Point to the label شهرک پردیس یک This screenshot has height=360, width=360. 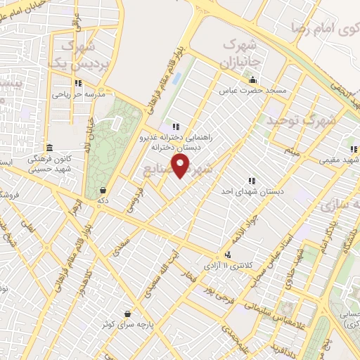coord(73,55)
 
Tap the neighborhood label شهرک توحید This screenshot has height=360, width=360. coord(300,121)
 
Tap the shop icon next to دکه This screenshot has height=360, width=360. coord(103,189)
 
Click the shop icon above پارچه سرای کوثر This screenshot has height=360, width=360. coord(127,313)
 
